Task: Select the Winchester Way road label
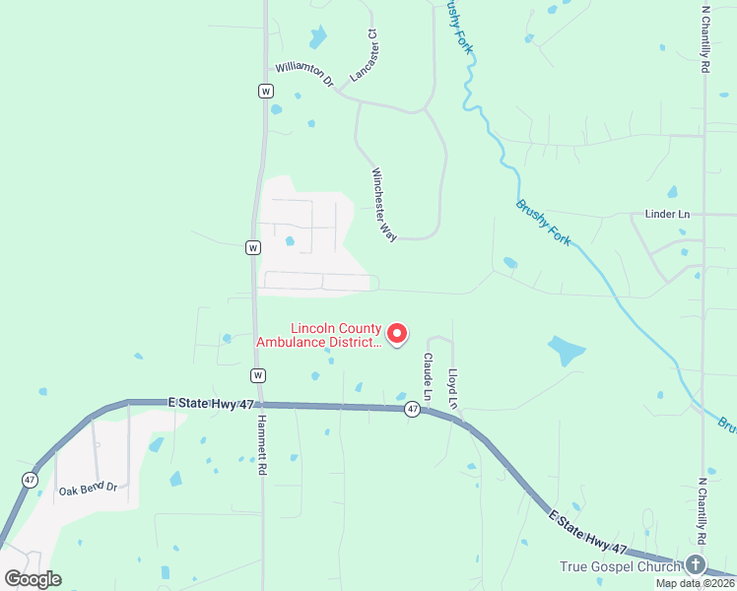(384, 203)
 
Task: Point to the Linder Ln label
(667, 214)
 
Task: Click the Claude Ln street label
(429, 377)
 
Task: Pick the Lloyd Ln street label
(453, 388)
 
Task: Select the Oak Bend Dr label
(88, 488)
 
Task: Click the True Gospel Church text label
(620, 566)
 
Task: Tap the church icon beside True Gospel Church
(696, 565)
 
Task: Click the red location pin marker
(397, 334)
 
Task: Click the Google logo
(33, 579)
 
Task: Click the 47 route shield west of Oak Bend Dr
(29, 479)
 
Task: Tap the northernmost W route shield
(265, 91)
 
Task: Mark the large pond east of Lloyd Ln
(566, 350)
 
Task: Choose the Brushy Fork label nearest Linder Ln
(544, 221)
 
